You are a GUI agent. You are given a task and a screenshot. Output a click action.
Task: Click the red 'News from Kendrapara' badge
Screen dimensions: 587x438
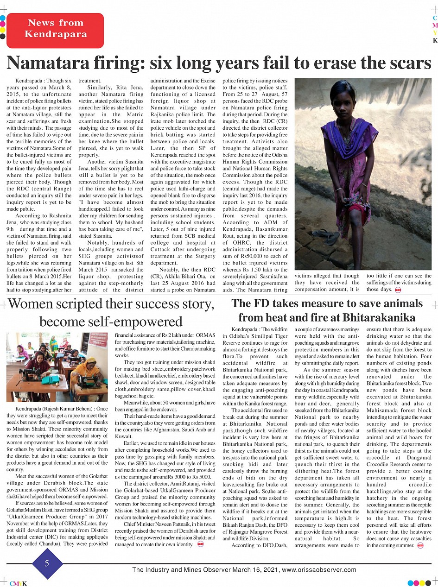click(x=55, y=29)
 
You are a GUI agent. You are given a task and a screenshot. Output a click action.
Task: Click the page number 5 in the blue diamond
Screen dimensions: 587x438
click(x=47, y=563)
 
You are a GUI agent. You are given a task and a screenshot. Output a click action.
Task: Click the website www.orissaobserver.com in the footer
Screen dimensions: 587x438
click(x=319, y=570)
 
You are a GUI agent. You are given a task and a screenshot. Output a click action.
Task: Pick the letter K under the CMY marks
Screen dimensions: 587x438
click(x=435, y=40)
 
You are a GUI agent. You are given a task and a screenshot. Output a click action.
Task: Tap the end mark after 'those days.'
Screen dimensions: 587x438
click(x=398, y=290)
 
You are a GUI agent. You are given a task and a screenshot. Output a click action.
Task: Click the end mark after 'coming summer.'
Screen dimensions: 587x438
click(x=420, y=546)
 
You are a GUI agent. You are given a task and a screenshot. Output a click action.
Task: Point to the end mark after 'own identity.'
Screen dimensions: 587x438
click(x=200, y=544)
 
